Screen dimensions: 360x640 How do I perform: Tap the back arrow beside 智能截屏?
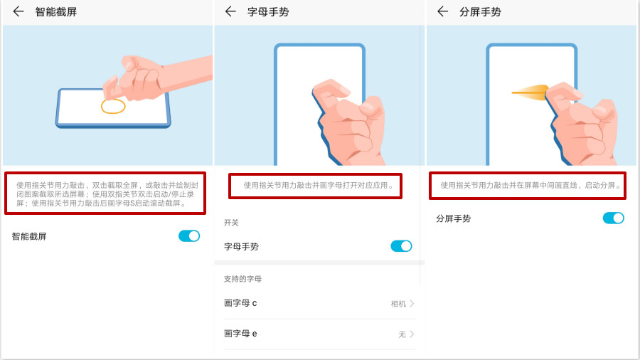18,11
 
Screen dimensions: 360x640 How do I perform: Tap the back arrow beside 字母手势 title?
230,11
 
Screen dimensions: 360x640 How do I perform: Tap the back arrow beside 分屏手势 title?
442,11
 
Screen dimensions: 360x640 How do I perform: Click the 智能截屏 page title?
55,11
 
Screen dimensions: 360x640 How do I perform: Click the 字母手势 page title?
267,11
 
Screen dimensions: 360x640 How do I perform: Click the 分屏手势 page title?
480,11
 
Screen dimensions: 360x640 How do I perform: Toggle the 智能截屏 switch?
189,235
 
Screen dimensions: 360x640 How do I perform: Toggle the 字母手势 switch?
401,246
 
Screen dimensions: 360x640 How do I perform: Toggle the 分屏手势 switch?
613,218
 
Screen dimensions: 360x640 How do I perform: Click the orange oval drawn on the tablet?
113,107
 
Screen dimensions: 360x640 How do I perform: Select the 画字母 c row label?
240,303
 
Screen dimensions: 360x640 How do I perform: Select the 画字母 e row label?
240,334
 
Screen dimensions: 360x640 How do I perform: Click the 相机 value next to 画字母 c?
398,304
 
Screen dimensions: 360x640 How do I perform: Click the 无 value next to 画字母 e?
402,334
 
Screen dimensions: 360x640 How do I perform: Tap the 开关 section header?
232,223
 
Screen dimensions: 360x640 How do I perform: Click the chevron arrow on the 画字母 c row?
412,304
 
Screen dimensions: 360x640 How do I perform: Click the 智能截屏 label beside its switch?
29,236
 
